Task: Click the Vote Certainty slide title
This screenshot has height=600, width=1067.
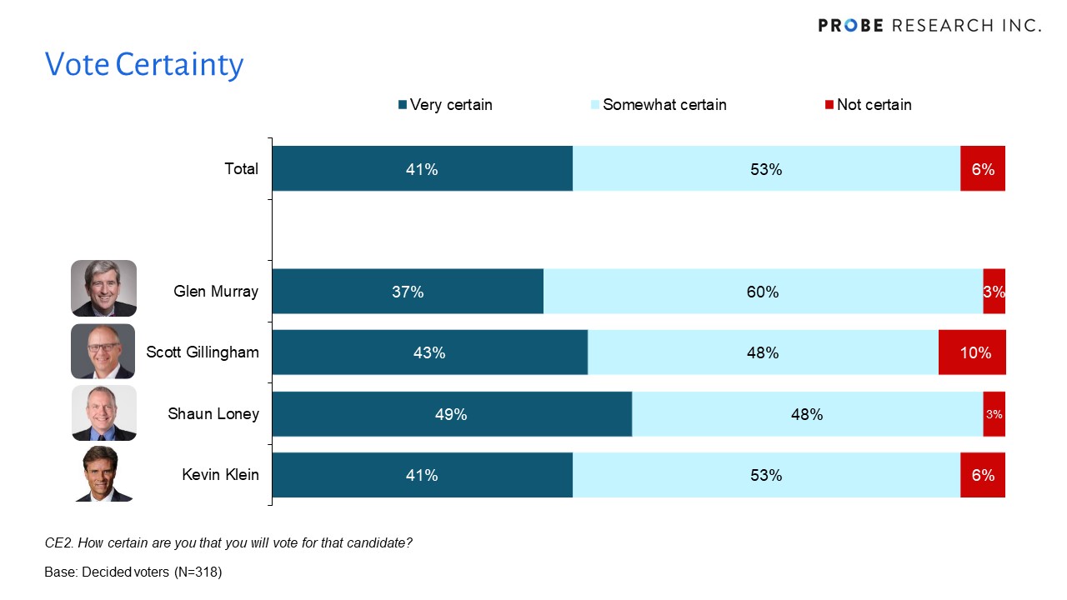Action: pos(144,64)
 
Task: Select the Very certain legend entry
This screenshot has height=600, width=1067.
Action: pos(446,105)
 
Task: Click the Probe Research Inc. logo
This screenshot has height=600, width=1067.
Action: pos(929,25)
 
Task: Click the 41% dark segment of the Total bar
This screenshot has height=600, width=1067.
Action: pos(422,169)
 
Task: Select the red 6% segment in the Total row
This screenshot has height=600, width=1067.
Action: pos(983,169)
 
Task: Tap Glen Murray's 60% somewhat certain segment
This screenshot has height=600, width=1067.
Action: pos(763,292)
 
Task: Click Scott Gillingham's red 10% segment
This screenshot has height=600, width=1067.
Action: pos(972,352)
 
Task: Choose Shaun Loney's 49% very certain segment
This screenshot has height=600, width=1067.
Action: pos(451,414)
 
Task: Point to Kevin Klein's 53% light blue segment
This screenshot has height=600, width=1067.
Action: pos(766,475)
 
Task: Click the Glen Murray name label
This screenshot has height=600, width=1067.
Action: pos(216,292)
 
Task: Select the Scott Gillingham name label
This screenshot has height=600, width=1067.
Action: pos(203,352)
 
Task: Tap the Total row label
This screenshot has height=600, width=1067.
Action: pos(241,169)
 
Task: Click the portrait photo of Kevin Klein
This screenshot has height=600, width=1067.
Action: pos(103,474)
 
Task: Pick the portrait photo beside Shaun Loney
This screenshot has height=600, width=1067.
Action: pos(103,413)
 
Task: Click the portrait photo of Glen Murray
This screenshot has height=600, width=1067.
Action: pos(103,288)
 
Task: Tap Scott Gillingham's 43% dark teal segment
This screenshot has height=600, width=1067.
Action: pos(429,352)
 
